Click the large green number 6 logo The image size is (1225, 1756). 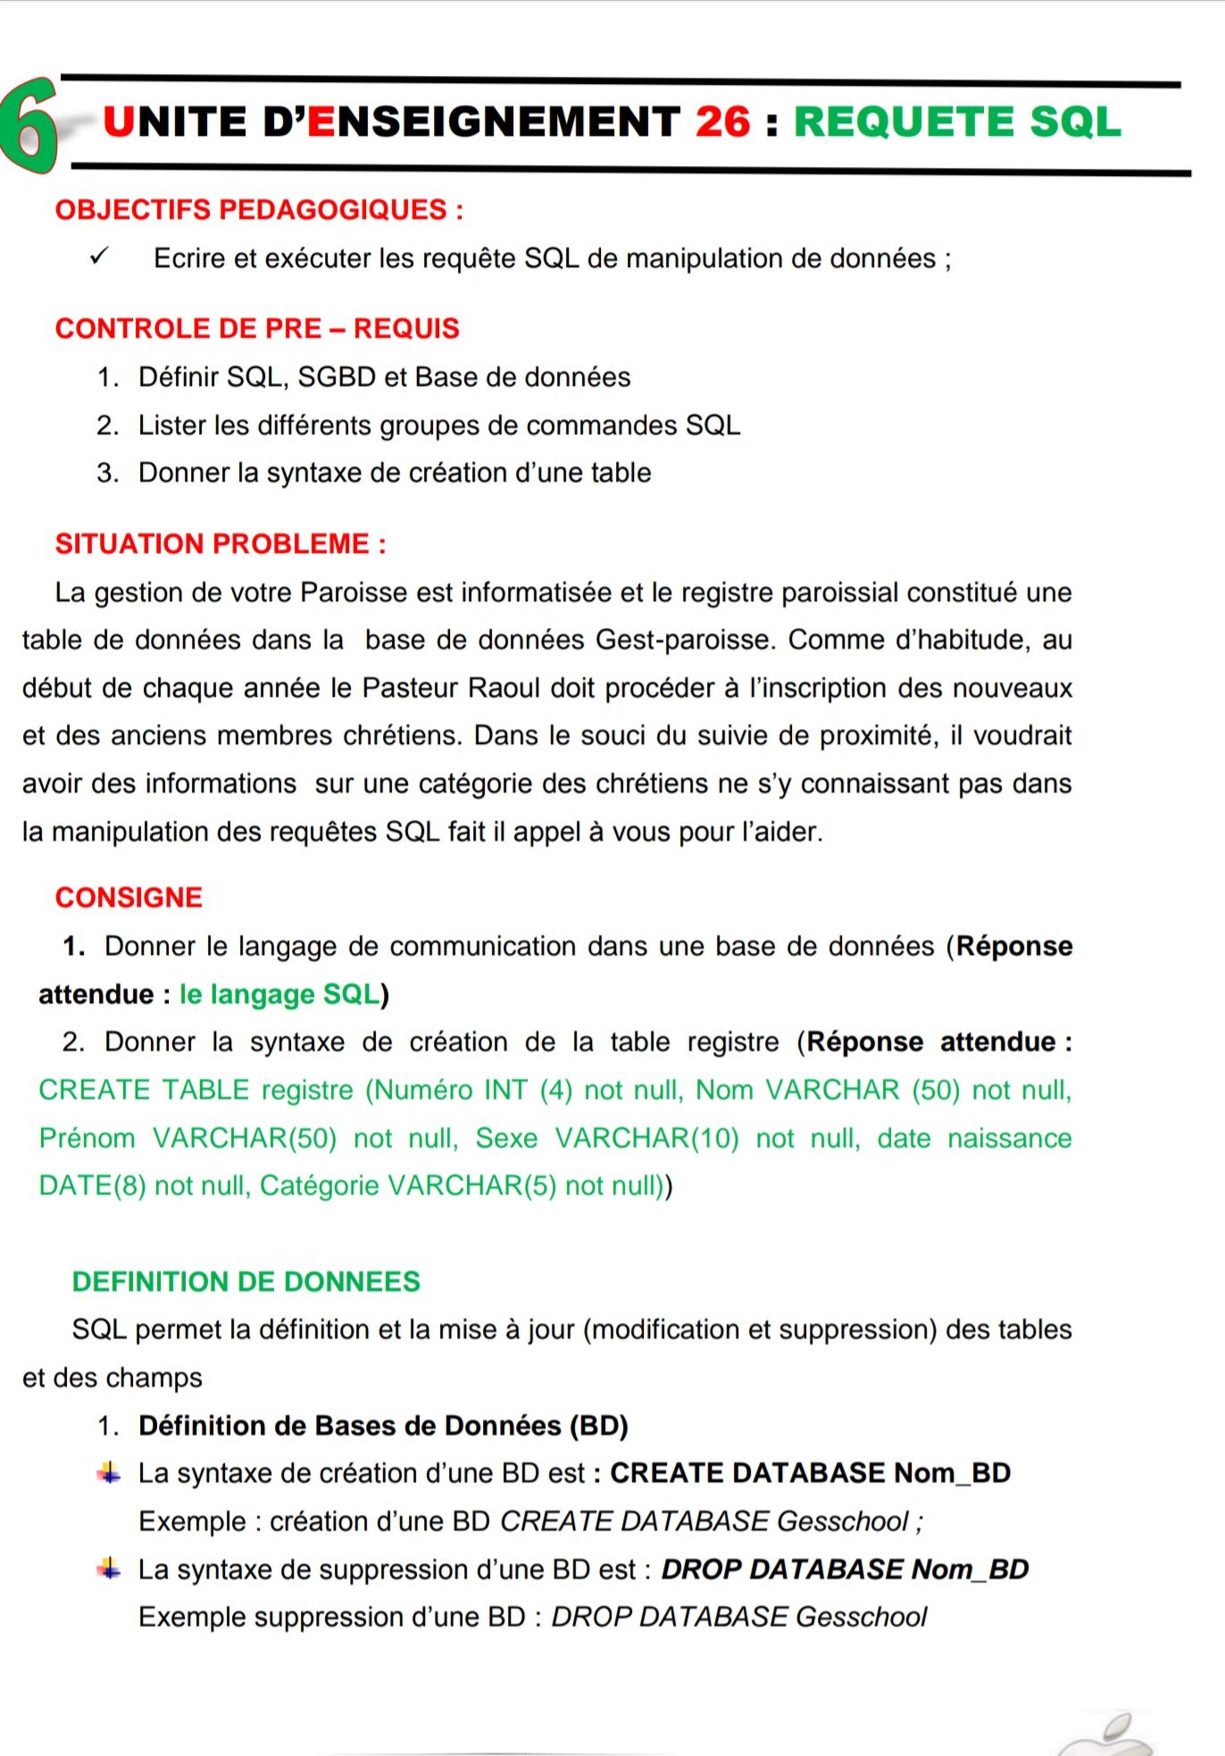pyautogui.click(x=29, y=125)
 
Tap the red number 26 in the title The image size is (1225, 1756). pyautogui.click(x=722, y=122)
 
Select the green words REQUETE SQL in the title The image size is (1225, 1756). pyautogui.click(x=957, y=122)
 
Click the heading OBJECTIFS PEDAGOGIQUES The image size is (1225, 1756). pyautogui.click(x=259, y=210)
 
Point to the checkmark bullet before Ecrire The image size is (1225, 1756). pyautogui.click(x=98, y=257)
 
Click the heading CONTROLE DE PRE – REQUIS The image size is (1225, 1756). pyautogui.click(x=257, y=329)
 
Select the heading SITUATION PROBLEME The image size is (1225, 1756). pyautogui.click(x=221, y=544)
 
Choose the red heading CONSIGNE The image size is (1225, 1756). pyautogui.click(x=129, y=898)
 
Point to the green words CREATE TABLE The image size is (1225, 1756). pyautogui.click(x=144, y=1090)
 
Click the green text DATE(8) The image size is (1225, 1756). pyautogui.click(x=92, y=1185)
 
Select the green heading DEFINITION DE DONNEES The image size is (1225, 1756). pyautogui.click(x=246, y=1282)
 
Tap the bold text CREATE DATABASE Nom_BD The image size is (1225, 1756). pyautogui.click(x=810, y=1473)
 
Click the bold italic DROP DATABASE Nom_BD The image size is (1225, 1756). pyautogui.click(x=845, y=1569)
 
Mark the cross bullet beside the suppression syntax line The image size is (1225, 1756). pyautogui.click(x=109, y=1568)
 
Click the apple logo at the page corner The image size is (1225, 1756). pyautogui.click(x=1107, y=1737)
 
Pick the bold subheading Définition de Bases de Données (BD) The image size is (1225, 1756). pyautogui.click(x=383, y=1426)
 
